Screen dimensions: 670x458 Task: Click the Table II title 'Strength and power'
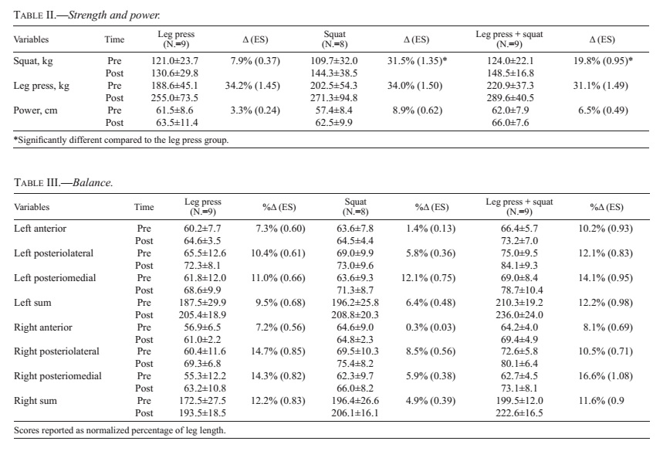pos(114,15)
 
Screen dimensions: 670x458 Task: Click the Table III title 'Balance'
pos(93,182)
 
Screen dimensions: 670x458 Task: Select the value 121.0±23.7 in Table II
pos(174,61)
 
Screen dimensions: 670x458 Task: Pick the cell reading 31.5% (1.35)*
pos(417,61)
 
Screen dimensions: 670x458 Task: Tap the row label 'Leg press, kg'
pos(41,86)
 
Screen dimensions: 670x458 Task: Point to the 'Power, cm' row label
pos(35,110)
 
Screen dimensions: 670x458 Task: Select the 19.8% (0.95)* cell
pos(603,61)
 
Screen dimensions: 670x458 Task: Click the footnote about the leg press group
pos(121,140)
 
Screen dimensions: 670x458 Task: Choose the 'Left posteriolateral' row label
pos(53,253)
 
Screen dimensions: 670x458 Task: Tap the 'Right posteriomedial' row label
pos(58,376)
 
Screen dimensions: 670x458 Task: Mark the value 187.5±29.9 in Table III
pos(202,303)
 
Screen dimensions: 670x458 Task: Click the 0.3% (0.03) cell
pos(431,327)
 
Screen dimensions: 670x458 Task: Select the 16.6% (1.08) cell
pos(605,376)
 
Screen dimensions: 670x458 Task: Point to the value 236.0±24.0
pos(519,315)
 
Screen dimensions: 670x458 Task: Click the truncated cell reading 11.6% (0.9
pos(601,401)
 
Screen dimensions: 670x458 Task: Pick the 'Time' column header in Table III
pos(144,207)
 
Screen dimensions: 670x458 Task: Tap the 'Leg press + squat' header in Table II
pos(509,35)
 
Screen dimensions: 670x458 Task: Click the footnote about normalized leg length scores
pos(120,430)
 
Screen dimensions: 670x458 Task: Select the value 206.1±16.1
pos(354,413)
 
